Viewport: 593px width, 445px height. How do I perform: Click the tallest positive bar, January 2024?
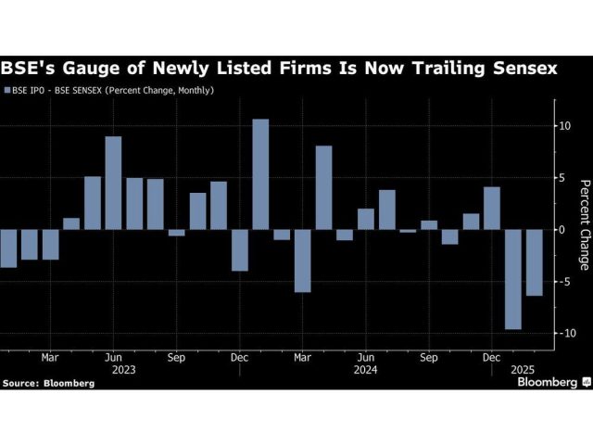260,174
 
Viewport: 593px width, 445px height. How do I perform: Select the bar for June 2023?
113,183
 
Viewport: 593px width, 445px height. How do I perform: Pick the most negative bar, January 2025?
513,279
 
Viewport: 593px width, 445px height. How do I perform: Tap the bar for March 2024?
303,261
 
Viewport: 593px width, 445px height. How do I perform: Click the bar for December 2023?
240,250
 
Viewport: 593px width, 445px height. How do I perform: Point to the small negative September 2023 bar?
177,233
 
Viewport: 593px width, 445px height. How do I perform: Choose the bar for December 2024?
492,208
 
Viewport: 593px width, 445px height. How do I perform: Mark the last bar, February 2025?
535,262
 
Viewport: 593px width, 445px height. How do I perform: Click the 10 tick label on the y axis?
564,126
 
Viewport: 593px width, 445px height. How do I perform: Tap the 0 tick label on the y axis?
561,230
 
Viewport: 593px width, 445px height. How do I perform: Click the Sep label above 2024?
429,358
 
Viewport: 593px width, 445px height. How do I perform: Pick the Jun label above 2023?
113,358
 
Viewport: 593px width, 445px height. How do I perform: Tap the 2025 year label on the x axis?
523,370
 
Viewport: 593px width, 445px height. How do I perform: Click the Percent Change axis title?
585,225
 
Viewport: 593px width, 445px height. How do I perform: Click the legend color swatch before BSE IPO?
7,91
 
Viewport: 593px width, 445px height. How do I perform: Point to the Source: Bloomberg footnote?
48,383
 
